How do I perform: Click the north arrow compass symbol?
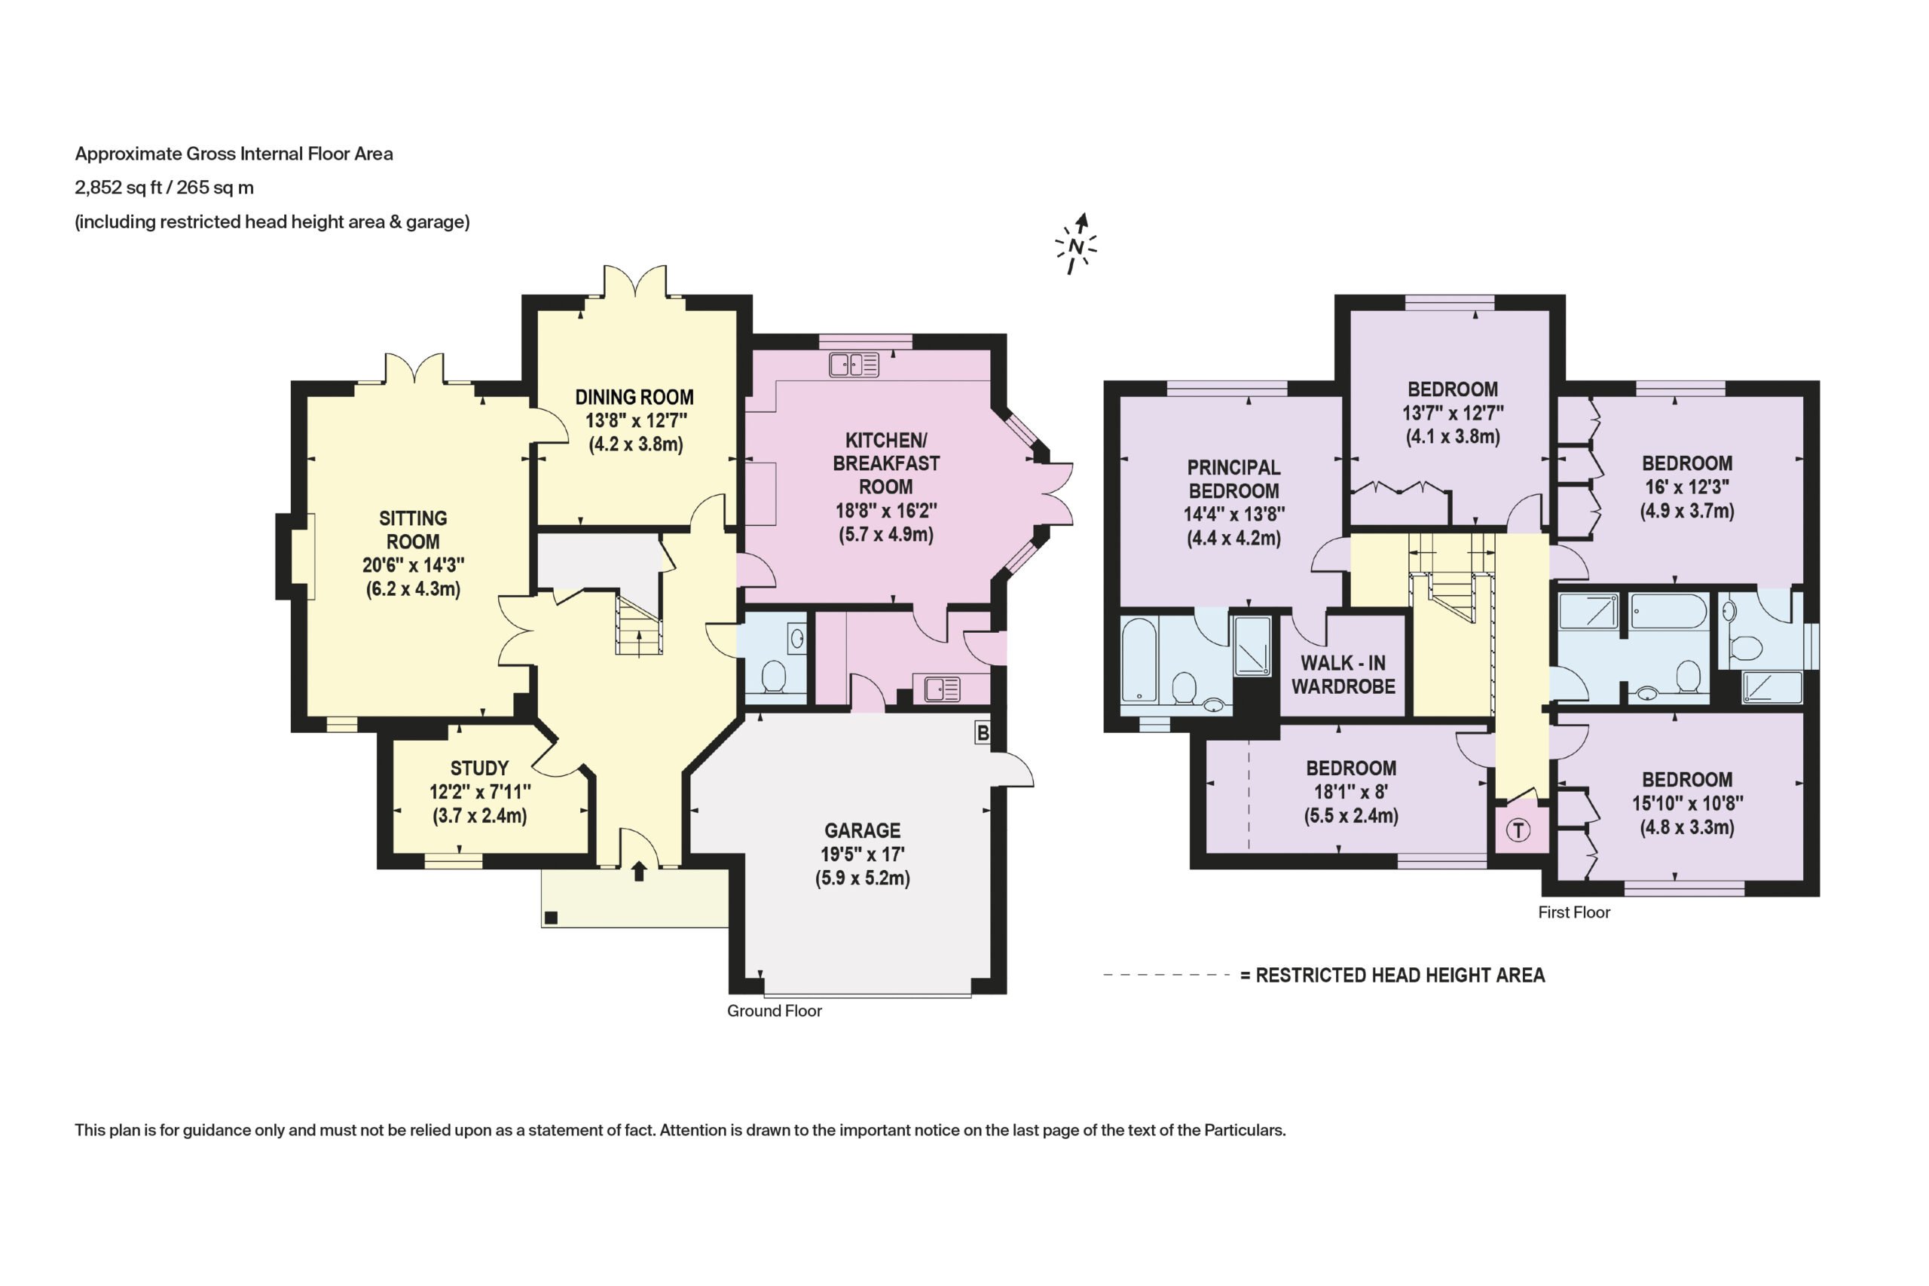(x=1075, y=244)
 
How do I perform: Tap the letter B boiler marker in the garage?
(x=983, y=732)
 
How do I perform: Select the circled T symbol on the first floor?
(x=1518, y=831)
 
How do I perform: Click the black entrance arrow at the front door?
(x=639, y=871)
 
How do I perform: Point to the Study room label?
(x=480, y=768)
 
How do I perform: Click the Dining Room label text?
(x=634, y=397)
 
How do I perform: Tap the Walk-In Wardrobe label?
(x=1344, y=674)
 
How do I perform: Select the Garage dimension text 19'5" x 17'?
(x=863, y=854)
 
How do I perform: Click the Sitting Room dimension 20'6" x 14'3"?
(x=414, y=565)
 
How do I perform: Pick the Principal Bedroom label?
(x=1234, y=479)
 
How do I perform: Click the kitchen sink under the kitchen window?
(x=854, y=364)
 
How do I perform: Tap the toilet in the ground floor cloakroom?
(x=774, y=677)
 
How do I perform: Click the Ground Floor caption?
(x=774, y=1011)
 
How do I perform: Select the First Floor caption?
(x=1574, y=913)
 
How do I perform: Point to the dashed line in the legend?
(x=1166, y=975)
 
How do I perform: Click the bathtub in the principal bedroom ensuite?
(x=1139, y=661)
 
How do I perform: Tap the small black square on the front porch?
(x=551, y=918)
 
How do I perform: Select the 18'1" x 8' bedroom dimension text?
(x=1351, y=793)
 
